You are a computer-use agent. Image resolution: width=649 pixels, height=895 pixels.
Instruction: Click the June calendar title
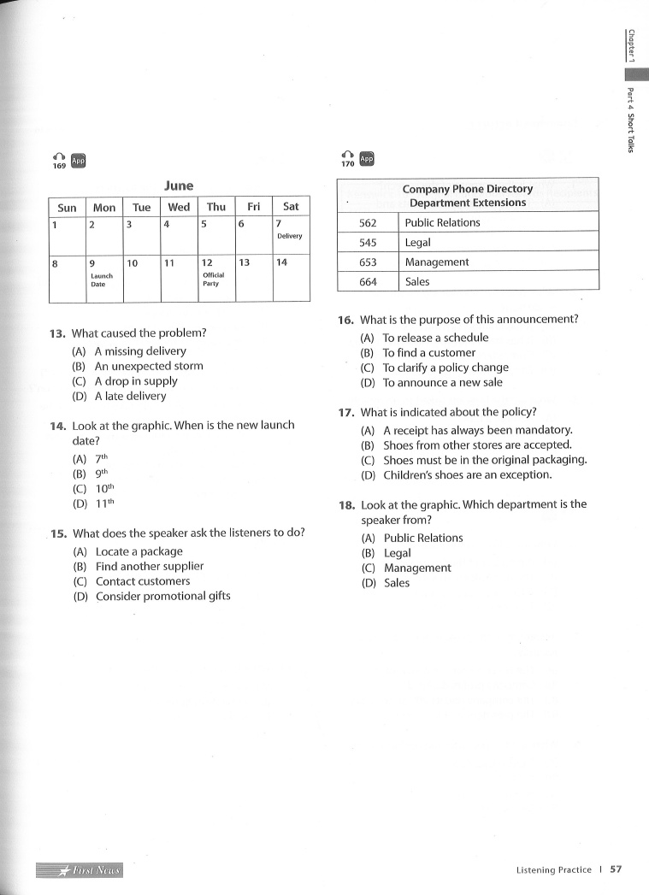pyautogui.click(x=179, y=185)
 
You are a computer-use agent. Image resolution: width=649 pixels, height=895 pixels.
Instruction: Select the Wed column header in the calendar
pyautogui.click(x=179, y=207)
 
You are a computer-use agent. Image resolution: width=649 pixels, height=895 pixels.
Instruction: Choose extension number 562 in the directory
pyautogui.click(x=368, y=223)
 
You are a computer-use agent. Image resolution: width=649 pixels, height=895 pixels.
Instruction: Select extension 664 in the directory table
pyautogui.click(x=368, y=282)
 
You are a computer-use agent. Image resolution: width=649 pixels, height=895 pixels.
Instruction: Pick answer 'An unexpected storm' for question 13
pyautogui.click(x=149, y=366)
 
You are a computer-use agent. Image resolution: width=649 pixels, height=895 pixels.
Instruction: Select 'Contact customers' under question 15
pyautogui.click(x=142, y=581)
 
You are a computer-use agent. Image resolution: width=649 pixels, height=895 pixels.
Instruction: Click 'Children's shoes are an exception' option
pyautogui.click(x=479, y=474)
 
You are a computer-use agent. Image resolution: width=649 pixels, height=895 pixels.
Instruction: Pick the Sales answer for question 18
pyautogui.click(x=396, y=583)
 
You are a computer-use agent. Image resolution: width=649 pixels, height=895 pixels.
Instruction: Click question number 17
pyautogui.click(x=346, y=412)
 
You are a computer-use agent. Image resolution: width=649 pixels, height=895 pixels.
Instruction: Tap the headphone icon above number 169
pyautogui.click(x=58, y=156)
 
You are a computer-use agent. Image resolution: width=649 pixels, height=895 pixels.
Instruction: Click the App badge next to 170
pyautogui.click(x=367, y=159)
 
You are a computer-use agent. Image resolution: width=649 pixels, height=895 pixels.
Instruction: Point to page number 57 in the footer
pyautogui.click(x=616, y=869)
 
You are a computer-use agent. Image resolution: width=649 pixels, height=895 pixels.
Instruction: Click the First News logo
pyautogui.click(x=80, y=870)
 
